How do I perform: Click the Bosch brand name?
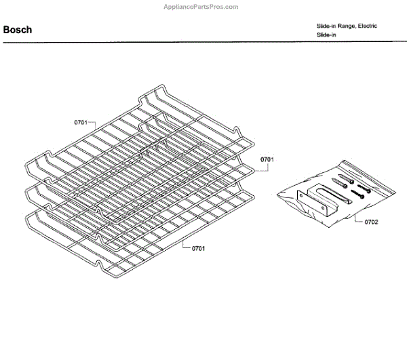click(x=18, y=30)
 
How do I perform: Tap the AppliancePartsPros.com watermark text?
click(x=202, y=7)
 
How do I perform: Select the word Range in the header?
click(x=345, y=26)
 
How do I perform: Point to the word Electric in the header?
click(x=367, y=26)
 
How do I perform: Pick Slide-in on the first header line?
click(x=326, y=26)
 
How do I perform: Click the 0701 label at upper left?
click(x=81, y=123)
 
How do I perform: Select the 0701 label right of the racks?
click(x=266, y=159)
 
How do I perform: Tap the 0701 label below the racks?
click(x=198, y=249)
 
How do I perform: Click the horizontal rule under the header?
click(x=203, y=43)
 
